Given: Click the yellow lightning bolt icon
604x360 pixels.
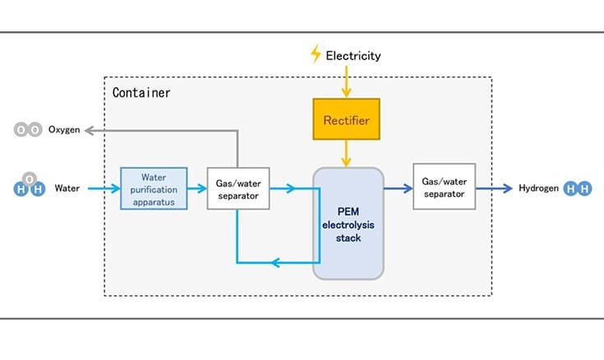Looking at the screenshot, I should point(316,55).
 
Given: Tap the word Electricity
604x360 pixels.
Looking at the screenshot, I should point(353,56).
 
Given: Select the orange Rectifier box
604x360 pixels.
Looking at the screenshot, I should point(346,121).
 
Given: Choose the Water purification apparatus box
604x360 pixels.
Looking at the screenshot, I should point(154,188).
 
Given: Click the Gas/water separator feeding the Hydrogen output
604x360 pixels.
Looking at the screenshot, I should point(444,187).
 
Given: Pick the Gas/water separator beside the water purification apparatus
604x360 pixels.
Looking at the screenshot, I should point(237,188).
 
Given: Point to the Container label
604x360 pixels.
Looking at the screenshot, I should point(141,93).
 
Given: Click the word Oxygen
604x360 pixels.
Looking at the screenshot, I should point(64,130).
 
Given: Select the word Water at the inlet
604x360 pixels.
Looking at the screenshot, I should point(67,188).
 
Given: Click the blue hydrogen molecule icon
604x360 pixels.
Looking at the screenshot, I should point(579,188).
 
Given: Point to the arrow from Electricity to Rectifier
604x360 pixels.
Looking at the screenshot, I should point(346,82).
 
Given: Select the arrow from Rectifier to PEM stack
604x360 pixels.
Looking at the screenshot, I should point(346,153).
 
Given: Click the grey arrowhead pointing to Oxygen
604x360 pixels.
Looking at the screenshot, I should point(91,130).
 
